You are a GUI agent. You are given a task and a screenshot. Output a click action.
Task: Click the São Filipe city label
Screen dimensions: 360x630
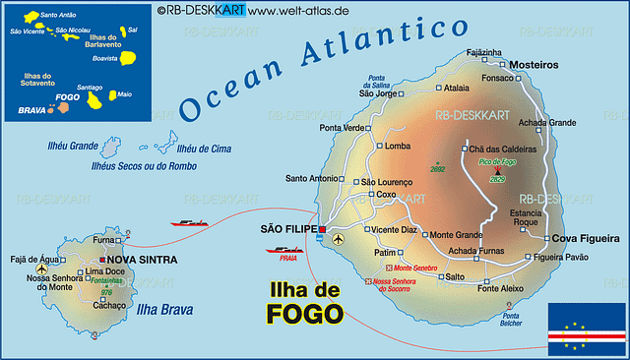[287, 229]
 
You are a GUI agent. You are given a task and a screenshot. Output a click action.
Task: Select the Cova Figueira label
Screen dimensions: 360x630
[585, 238]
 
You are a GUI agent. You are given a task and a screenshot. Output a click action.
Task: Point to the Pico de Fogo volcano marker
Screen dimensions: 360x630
[496, 171]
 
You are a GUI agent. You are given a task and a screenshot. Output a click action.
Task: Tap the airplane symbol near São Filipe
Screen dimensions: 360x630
[339, 238]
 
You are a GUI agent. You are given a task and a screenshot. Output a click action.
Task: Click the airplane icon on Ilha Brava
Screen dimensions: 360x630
[41, 269]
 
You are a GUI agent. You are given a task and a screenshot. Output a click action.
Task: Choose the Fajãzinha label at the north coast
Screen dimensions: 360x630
[483, 52]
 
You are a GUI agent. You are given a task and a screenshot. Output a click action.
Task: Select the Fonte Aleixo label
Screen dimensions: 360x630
[500, 288]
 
